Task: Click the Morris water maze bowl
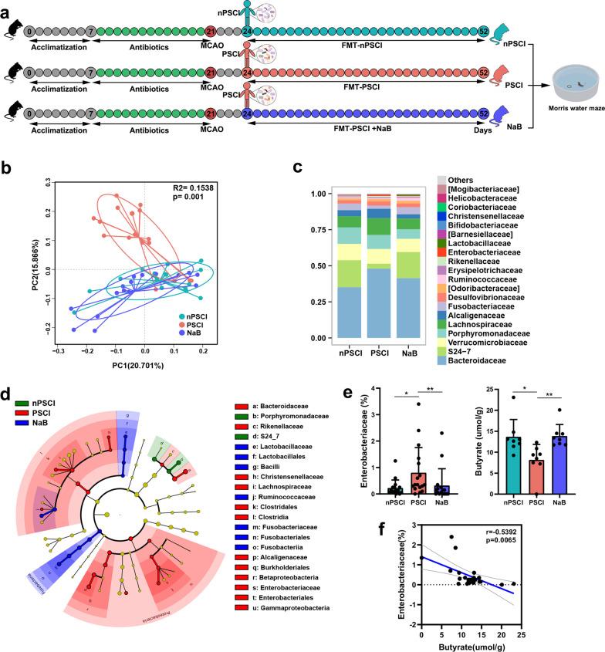[567, 83]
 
